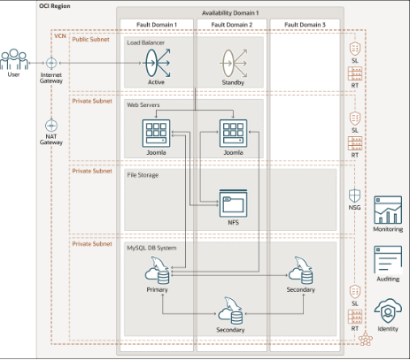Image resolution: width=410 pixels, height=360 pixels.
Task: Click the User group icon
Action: (x=14, y=59)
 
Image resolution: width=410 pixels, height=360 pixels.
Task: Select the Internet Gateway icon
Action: (x=51, y=63)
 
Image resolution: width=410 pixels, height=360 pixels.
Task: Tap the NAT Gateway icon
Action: (x=51, y=126)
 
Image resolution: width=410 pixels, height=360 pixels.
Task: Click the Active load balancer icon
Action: (x=157, y=63)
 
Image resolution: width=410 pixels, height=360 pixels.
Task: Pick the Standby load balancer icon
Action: (x=233, y=63)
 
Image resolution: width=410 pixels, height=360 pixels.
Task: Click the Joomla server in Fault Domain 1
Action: (x=156, y=133)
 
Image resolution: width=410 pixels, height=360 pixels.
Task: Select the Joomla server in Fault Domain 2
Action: (x=233, y=133)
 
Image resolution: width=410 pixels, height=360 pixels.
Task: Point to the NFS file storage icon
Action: (x=233, y=203)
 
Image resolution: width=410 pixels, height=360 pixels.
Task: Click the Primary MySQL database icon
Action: (x=157, y=271)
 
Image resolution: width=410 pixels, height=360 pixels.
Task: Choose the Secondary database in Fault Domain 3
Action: (x=300, y=271)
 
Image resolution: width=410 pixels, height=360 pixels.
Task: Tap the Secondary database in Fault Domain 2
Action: (x=230, y=310)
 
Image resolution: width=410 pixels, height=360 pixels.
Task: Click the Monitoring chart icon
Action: (x=388, y=210)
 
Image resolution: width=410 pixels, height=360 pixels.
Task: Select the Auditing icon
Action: (x=388, y=259)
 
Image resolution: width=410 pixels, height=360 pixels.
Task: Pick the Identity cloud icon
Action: (x=388, y=311)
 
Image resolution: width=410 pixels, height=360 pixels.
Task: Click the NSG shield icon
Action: (x=354, y=195)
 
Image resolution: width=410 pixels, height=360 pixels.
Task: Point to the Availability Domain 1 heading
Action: (x=230, y=13)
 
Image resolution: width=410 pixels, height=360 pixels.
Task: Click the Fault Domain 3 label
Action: (x=305, y=25)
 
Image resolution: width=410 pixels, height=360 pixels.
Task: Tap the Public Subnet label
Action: (x=90, y=39)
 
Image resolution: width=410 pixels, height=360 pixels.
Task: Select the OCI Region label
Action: (x=55, y=6)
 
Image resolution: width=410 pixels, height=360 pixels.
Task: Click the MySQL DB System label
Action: (x=151, y=248)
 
